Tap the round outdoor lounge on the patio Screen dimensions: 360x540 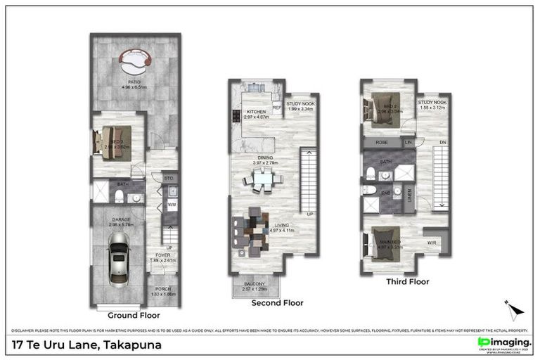[134, 62]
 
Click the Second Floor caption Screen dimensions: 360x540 [277, 303]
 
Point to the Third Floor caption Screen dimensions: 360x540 [407, 281]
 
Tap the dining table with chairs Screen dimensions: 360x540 [261, 181]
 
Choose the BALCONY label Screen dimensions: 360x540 [255, 284]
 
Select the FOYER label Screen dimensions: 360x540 [163, 256]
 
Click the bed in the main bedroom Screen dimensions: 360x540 [385, 241]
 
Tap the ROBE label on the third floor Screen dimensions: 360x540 [382, 142]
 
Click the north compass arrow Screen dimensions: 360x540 [514, 309]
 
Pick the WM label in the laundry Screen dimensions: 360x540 [172, 205]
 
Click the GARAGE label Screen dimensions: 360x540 [121, 220]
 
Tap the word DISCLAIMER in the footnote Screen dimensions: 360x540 [24, 330]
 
